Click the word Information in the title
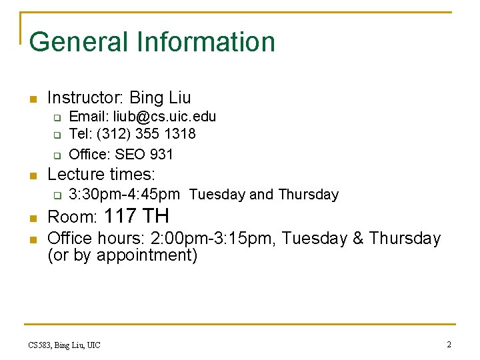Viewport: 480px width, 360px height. pos(206,42)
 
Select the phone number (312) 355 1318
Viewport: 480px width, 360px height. pos(146,134)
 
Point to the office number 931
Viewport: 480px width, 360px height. pos(161,155)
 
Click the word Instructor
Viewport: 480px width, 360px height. pos(85,98)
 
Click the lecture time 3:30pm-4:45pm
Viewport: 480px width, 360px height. pos(125,195)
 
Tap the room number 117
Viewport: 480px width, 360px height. pos(120,216)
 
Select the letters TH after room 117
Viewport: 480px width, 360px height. pos(156,216)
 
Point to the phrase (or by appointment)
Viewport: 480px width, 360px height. pos(123,255)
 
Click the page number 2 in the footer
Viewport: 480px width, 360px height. pos(449,345)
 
